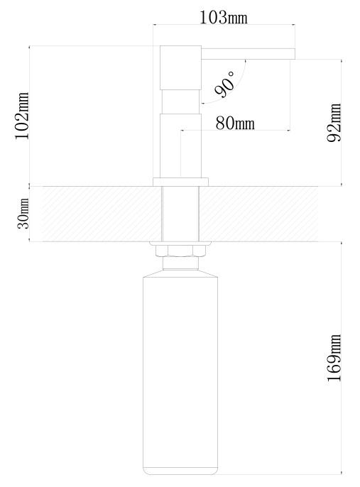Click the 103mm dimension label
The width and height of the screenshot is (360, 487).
[x=223, y=17]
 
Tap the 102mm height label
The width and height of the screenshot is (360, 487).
[x=22, y=116]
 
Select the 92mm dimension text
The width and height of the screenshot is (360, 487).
[x=334, y=123]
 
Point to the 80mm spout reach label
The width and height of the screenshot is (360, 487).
[x=235, y=123]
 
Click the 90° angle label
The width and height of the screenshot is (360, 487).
[x=224, y=84]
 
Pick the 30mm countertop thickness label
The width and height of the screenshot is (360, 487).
[x=23, y=214]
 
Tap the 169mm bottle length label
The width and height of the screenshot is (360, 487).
[x=334, y=358]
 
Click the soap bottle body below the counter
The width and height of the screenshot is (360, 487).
[x=180, y=372]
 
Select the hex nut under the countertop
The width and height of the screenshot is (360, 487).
[x=180, y=251]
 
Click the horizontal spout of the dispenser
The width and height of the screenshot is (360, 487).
[x=248, y=53]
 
